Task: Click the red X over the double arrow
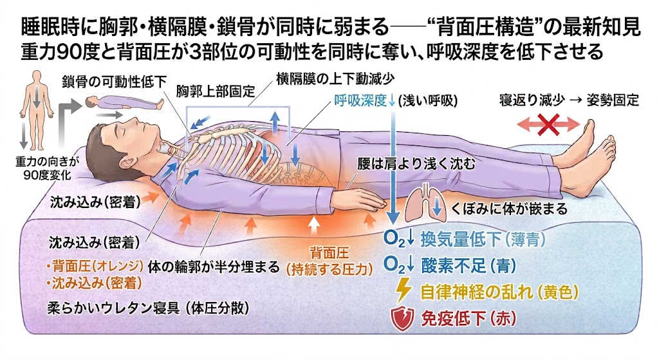pos(549,124)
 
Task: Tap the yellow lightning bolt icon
pos(404,290)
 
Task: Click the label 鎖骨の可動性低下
pos(115,82)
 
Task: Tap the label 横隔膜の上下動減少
pos(335,79)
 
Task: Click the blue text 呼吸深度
pos(360,100)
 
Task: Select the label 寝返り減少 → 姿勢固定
pos(569,100)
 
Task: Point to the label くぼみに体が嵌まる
pos(509,209)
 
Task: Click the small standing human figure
pos(37,110)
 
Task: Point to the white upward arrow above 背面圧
pos(312,225)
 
